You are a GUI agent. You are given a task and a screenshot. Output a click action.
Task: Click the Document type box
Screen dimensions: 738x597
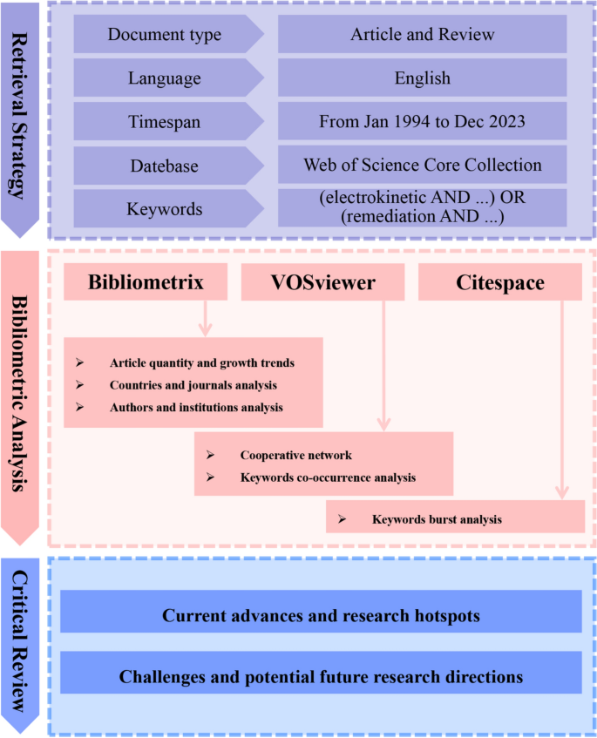click(164, 36)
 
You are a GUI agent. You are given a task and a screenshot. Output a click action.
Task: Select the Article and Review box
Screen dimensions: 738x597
click(423, 36)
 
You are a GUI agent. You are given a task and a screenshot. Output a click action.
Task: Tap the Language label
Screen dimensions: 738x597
click(164, 78)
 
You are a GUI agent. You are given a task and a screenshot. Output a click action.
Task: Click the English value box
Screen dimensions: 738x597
click(423, 78)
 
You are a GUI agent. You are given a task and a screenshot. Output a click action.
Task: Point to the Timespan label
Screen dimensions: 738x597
click(164, 122)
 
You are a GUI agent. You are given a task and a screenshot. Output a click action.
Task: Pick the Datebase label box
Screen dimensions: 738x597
click(164, 165)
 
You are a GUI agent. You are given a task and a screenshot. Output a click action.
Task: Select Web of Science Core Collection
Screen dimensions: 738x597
click(423, 165)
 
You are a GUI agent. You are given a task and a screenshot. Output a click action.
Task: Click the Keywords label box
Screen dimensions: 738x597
click(164, 209)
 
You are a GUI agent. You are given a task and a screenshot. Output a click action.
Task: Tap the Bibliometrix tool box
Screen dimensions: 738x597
click(146, 283)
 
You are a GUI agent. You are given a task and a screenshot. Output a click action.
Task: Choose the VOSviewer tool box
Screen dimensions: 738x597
click(322, 283)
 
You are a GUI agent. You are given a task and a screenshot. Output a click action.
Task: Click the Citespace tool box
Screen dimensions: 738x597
click(501, 283)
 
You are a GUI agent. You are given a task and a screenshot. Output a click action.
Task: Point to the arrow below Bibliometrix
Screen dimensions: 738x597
click(207, 319)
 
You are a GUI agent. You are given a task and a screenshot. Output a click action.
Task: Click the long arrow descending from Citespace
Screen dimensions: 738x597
click(561, 401)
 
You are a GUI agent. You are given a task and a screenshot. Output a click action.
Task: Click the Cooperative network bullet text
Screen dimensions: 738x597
click(295, 456)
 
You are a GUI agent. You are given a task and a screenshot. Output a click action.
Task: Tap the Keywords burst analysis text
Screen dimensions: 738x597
click(437, 519)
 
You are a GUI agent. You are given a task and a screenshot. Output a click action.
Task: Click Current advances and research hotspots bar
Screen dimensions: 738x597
click(321, 616)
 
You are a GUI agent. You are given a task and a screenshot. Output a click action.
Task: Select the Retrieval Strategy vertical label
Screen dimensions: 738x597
click(24, 113)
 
